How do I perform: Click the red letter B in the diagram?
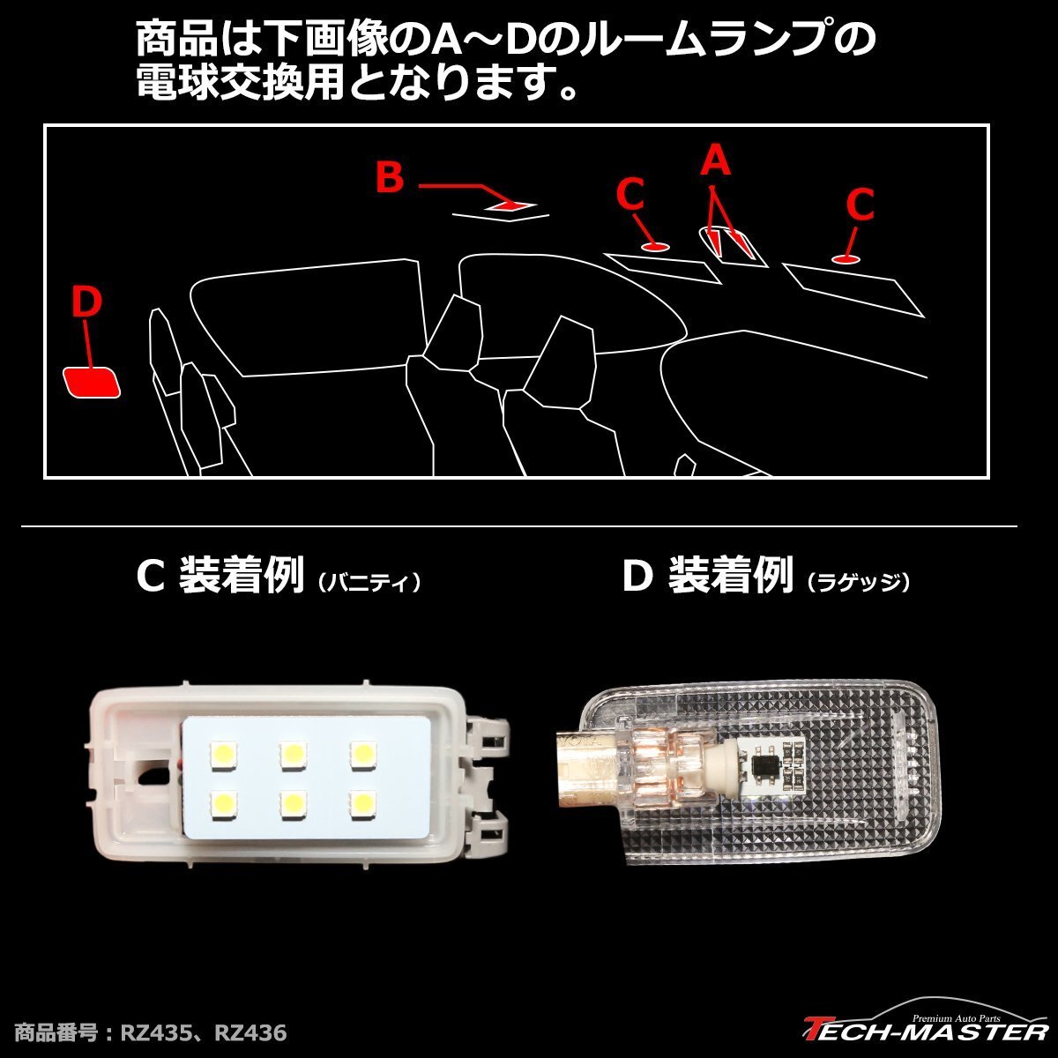click(x=389, y=177)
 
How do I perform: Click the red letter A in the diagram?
click(x=716, y=162)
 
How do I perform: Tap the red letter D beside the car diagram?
click(x=86, y=303)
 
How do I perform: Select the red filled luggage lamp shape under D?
click(x=92, y=382)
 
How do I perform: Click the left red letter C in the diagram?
click(x=630, y=195)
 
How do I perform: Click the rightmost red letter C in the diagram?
click(x=859, y=205)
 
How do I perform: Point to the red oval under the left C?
click(x=653, y=246)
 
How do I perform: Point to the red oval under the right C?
click(x=846, y=258)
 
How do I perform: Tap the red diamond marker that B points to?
click(x=510, y=205)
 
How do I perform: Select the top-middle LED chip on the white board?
click(x=290, y=754)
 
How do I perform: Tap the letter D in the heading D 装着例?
click(x=637, y=578)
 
